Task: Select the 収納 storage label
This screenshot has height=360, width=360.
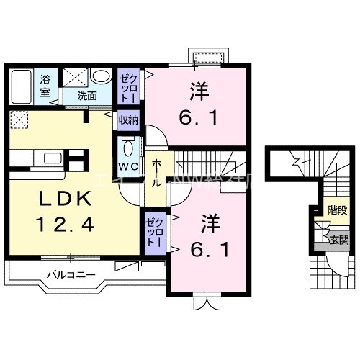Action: coord(127,120)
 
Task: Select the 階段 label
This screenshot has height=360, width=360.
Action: coord(336,211)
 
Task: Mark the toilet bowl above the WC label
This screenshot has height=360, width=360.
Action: coord(127,147)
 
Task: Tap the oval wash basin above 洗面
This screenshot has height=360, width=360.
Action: coord(102,77)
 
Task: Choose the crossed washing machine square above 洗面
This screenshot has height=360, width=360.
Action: coord(74,78)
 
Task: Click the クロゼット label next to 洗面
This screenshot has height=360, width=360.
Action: coord(127,86)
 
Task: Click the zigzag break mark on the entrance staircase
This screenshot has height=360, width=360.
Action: coord(295,160)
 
